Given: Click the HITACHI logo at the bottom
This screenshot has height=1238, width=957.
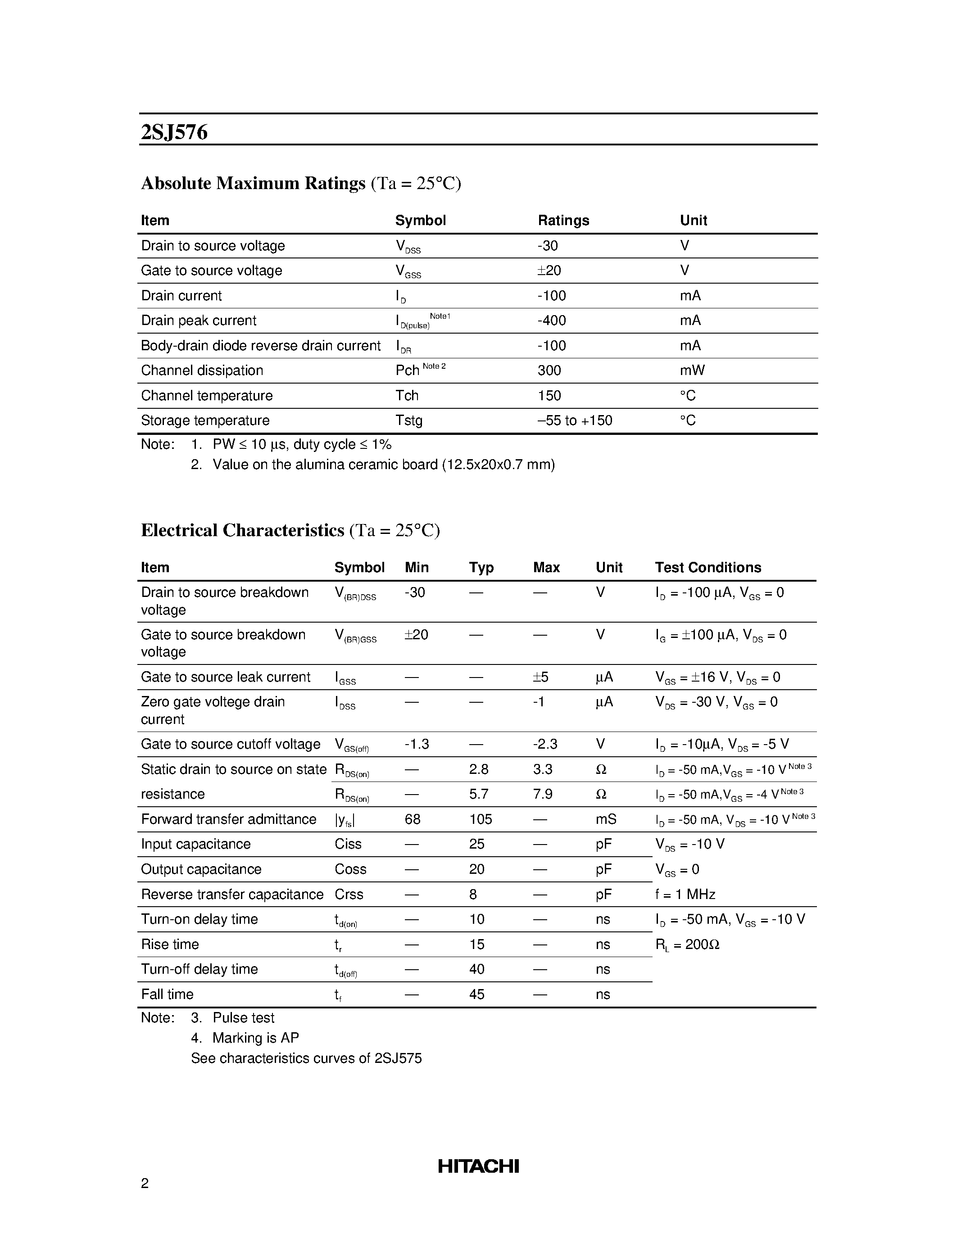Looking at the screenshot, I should tap(478, 1166).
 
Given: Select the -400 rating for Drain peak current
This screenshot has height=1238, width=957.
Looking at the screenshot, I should tap(552, 321).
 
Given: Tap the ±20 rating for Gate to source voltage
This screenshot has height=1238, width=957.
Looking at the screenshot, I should tap(549, 271).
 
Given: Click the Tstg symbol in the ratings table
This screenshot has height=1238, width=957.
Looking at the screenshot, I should tap(409, 420).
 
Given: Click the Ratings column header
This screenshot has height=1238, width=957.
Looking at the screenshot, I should tap(563, 221).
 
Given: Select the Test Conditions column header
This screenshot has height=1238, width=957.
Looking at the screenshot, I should tap(708, 567).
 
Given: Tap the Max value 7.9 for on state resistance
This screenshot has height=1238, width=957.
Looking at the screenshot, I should tap(543, 794).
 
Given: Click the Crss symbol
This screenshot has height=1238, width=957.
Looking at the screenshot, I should tap(349, 894).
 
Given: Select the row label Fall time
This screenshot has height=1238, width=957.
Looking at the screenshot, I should tap(167, 994).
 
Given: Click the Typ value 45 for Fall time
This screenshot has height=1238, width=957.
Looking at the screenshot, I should tap(477, 994).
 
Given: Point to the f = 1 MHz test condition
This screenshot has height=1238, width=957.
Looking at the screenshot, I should tap(685, 894).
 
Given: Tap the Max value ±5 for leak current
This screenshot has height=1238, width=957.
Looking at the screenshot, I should tap(540, 678).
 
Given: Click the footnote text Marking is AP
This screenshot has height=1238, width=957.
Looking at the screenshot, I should tap(255, 1038).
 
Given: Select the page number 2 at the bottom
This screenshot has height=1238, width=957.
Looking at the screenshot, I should tap(145, 1184).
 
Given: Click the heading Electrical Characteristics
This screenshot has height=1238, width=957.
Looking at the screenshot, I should tap(243, 531).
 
